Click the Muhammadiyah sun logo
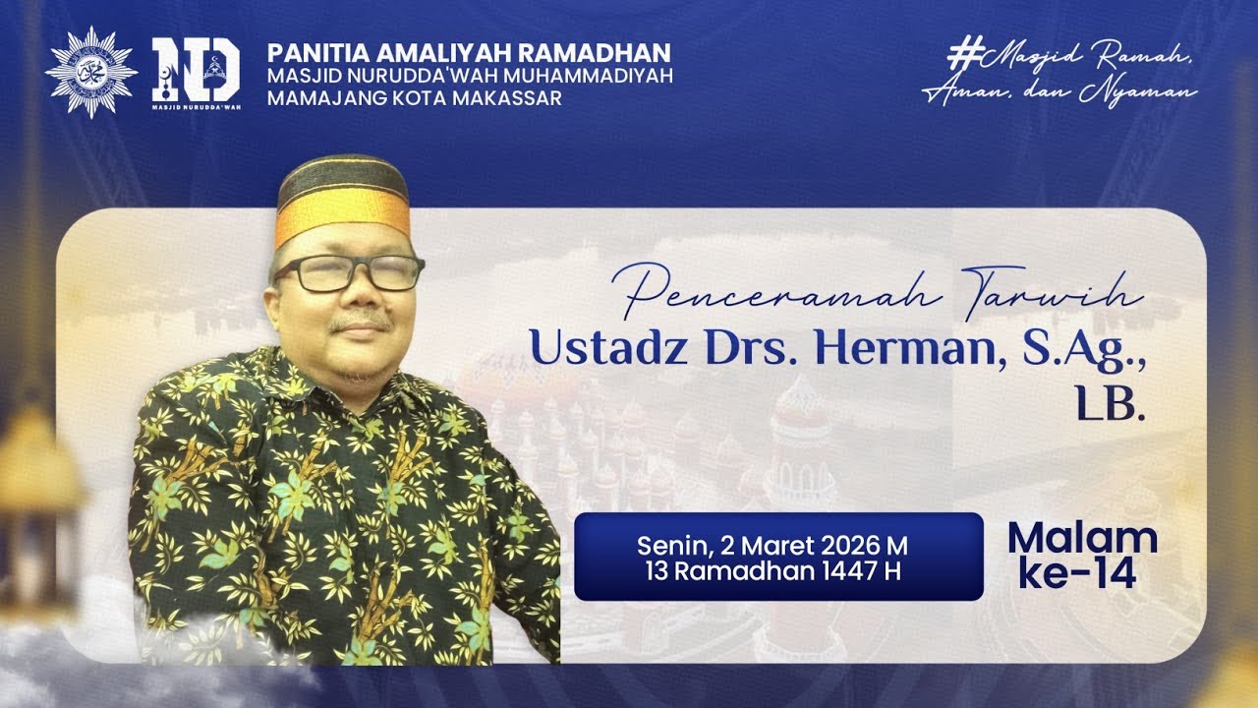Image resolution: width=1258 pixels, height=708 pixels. tap(91, 73)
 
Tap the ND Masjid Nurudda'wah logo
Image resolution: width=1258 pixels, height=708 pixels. tap(196, 73)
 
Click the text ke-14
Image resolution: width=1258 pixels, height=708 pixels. tap(1076, 573)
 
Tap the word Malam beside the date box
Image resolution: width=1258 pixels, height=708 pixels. tap(1082, 538)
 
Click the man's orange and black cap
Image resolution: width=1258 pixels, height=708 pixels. tap(342, 202)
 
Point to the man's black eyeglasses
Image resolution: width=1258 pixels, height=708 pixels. tap(349, 273)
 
